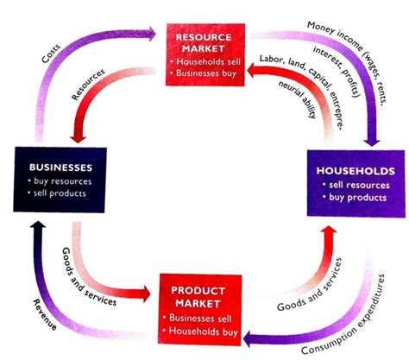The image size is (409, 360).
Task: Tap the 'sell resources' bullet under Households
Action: tap(356, 186)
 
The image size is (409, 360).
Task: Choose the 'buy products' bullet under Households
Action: tap(356, 199)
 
